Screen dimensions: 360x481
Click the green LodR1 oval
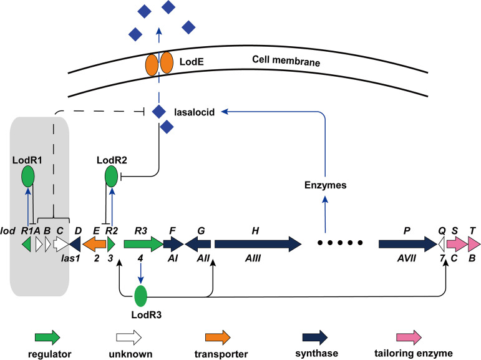28,176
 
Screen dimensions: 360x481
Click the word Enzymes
325,185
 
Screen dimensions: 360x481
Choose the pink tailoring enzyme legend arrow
411,337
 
